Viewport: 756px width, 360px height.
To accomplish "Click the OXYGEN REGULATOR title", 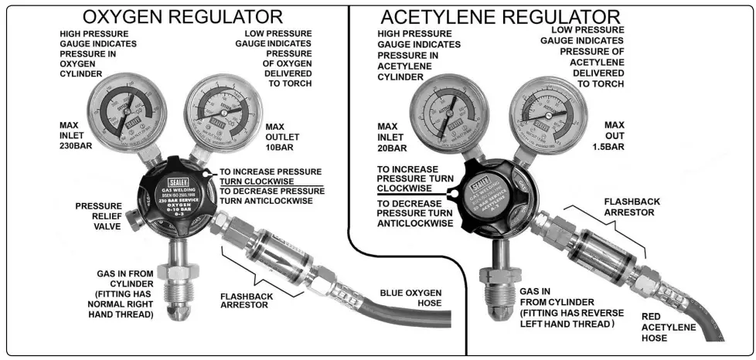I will pos(182,16).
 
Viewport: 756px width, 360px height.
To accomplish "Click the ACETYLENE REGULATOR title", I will pos(500,16).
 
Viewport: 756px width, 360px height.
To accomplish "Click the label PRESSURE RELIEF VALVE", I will pos(97,216).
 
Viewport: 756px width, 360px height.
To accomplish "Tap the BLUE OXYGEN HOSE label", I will pos(410,297).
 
